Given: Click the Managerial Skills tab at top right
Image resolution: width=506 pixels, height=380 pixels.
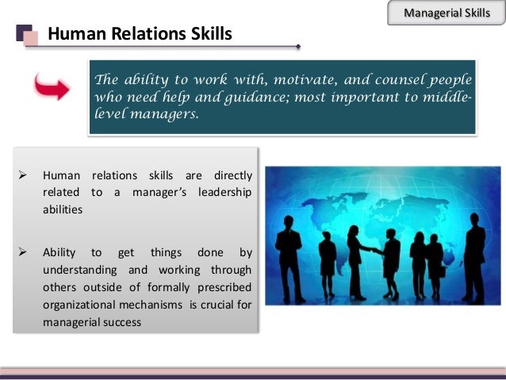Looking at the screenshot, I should (447, 13).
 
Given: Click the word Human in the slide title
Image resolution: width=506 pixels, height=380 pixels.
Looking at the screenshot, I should (70, 34).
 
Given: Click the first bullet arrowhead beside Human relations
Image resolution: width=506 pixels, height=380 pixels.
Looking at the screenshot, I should (23, 175).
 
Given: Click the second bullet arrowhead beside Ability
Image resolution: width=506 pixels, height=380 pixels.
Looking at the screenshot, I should (23, 252).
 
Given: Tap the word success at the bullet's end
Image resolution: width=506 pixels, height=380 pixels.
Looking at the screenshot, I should (121, 322).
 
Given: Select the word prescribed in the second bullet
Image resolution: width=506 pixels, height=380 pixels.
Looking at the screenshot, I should (225, 287).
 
